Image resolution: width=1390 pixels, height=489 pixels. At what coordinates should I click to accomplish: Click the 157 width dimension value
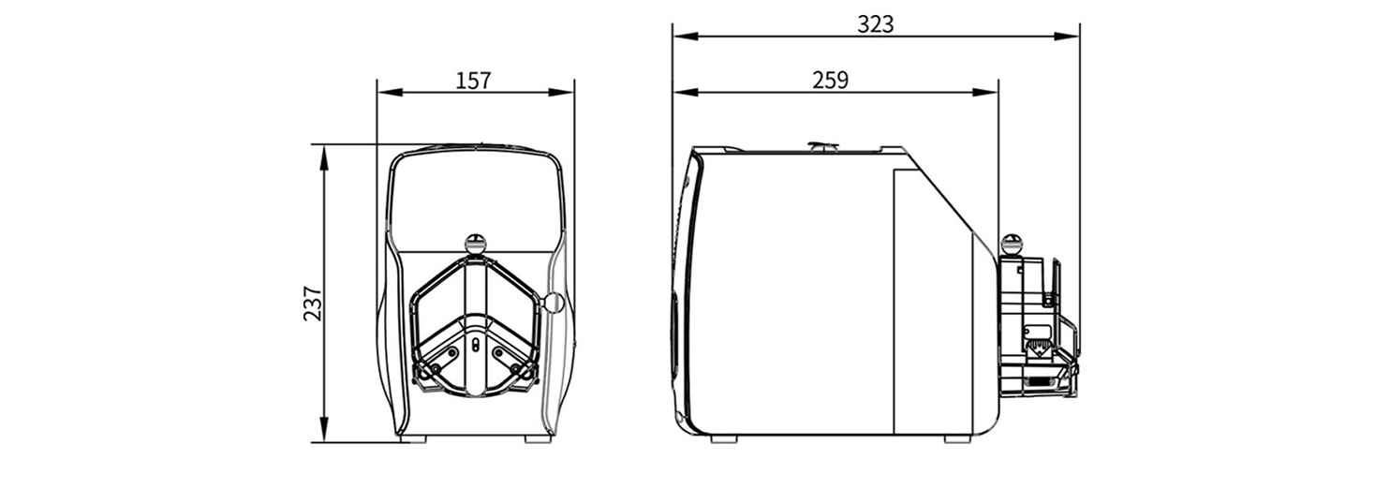point(473,81)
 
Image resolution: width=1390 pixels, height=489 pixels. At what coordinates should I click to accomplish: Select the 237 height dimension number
point(313,303)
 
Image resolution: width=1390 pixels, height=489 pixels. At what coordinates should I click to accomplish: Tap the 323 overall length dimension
point(876,24)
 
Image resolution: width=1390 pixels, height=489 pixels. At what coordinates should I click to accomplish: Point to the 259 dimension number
point(830,80)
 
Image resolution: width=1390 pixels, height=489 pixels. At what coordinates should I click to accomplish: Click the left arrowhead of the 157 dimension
point(390,93)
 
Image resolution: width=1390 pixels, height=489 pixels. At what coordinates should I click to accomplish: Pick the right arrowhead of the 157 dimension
point(561,93)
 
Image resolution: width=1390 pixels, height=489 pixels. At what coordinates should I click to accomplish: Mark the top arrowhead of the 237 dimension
point(323,157)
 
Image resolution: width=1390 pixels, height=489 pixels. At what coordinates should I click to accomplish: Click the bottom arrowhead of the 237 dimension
point(323,429)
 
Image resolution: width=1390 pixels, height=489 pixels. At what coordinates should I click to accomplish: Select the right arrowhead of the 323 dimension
point(1068,37)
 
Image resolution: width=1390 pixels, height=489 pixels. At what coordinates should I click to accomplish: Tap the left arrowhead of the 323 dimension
point(686,37)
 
